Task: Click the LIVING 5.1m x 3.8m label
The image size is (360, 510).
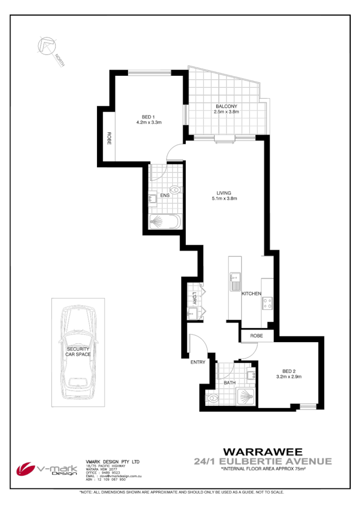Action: (x=224, y=196)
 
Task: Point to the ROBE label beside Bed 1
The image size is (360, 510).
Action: (x=109, y=138)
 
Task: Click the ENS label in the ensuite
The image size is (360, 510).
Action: (x=163, y=195)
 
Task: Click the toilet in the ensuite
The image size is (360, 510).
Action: (x=175, y=189)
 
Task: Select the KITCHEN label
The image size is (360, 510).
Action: (x=252, y=294)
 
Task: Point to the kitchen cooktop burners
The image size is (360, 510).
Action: (x=267, y=303)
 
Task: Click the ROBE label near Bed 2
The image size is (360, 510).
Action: (x=257, y=336)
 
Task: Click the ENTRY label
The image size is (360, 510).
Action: (x=197, y=362)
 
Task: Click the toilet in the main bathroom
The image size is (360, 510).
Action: (x=214, y=398)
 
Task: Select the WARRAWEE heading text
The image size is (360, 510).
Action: (x=263, y=452)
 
